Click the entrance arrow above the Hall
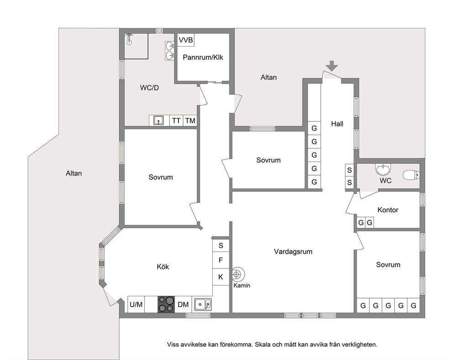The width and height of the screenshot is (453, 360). [x=332, y=66]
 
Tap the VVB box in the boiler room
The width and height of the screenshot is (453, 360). [x=185, y=40]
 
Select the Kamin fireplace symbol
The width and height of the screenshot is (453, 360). [x=238, y=275]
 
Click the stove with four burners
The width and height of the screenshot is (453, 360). [x=166, y=304]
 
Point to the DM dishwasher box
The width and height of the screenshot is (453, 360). [x=183, y=304]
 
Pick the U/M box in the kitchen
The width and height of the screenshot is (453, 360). [x=136, y=304]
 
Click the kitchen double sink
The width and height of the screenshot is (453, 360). [x=203, y=304]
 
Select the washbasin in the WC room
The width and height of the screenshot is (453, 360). [x=383, y=169]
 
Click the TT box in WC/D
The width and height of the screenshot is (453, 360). [x=176, y=120]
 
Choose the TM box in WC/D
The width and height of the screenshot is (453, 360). [x=190, y=120]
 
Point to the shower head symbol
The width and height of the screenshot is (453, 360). [x=130, y=39]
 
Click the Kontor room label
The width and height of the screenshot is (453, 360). [x=388, y=210]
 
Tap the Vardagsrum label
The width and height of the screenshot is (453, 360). [x=293, y=251]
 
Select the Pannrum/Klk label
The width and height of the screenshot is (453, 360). [x=203, y=57]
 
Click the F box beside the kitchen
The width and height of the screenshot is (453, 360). [x=221, y=261]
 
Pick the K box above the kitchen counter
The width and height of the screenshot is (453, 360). [x=221, y=277]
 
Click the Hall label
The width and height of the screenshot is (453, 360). [x=337, y=124]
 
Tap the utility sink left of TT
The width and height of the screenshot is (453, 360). [x=158, y=120]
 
